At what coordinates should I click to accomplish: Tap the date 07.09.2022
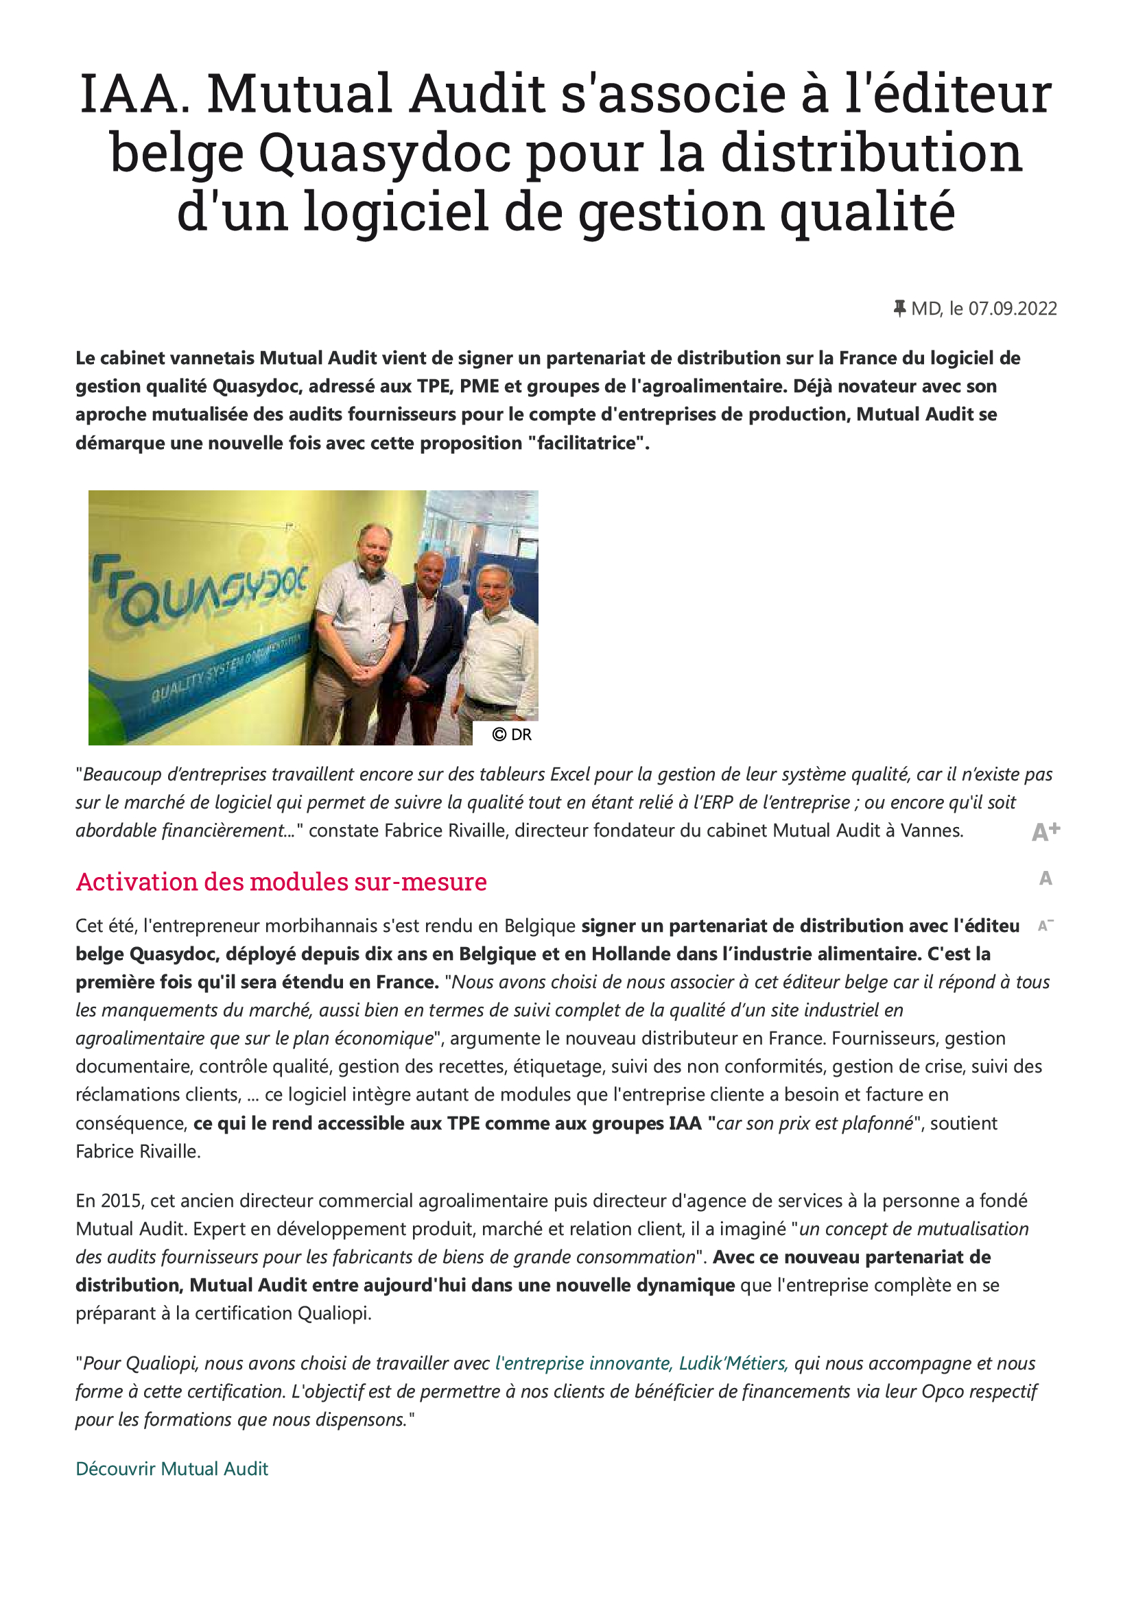click(1013, 308)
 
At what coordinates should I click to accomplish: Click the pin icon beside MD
click(899, 308)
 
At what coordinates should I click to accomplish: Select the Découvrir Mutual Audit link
click(172, 1468)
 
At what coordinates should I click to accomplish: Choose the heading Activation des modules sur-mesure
click(281, 882)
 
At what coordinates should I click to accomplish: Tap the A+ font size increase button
click(1046, 831)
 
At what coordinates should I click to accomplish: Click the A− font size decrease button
click(1046, 926)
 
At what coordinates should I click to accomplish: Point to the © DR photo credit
click(512, 734)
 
